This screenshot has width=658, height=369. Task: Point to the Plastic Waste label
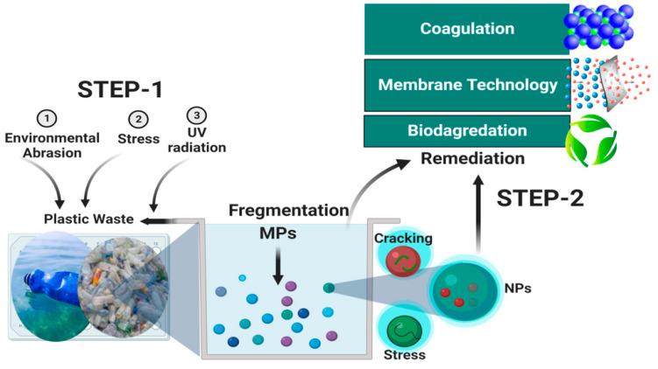click(90, 219)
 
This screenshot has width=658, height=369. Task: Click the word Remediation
click(473, 158)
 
